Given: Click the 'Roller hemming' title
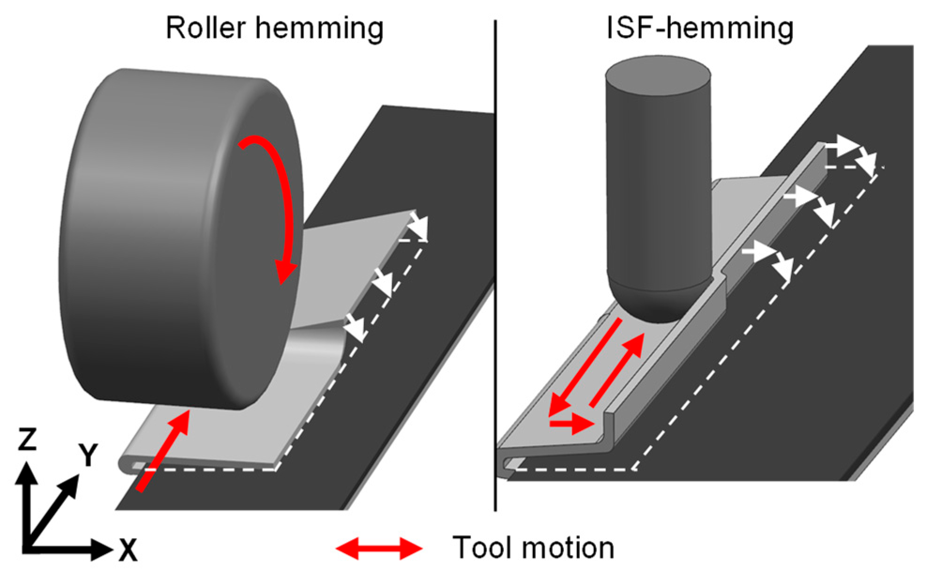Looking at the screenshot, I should (x=274, y=28).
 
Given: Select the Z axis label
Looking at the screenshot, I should (x=27, y=439).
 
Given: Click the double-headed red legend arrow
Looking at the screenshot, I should (x=379, y=548).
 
